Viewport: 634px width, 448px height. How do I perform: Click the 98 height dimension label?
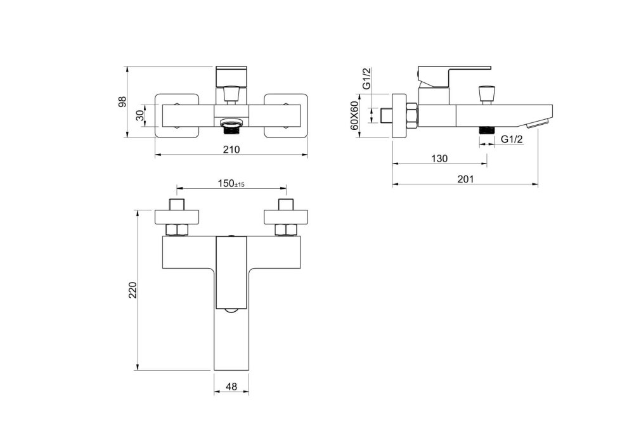click(122, 102)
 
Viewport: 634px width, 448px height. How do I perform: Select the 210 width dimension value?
click(231, 150)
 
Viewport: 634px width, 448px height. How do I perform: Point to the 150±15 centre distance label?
click(231, 183)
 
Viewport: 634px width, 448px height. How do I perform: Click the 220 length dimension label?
click(133, 290)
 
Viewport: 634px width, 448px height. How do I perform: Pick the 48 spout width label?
click(231, 387)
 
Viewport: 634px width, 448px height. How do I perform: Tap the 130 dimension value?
click(439, 158)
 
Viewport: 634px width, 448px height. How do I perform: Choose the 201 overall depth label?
click(465, 179)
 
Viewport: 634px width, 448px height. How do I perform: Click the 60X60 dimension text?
click(354, 115)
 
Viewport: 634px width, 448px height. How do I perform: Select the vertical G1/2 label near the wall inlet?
click(366, 79)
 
